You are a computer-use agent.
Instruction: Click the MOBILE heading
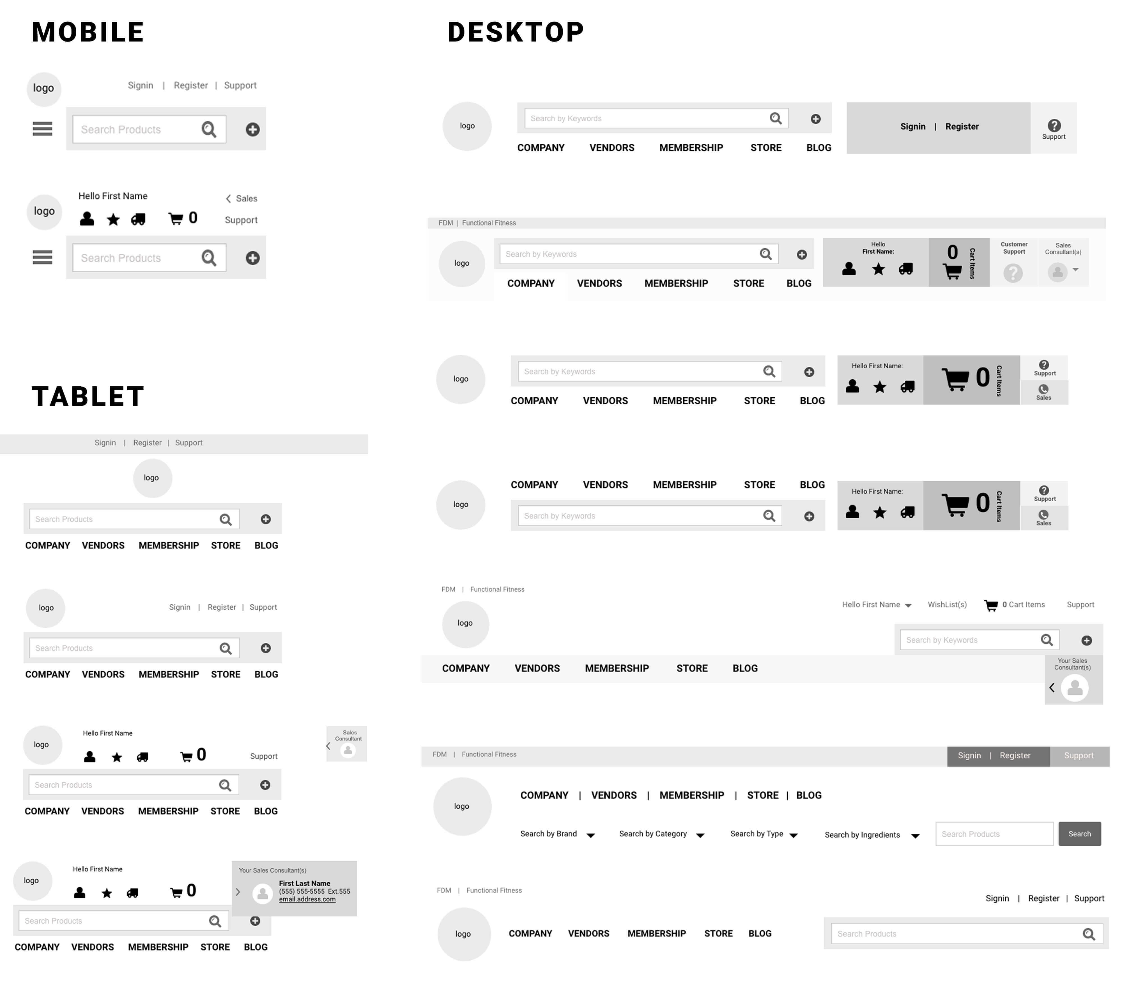coord(88,32)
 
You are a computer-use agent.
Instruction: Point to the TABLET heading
coord(88,396)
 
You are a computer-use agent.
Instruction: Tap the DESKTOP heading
coord(516,32)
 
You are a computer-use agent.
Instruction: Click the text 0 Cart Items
coord(1023,605)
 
